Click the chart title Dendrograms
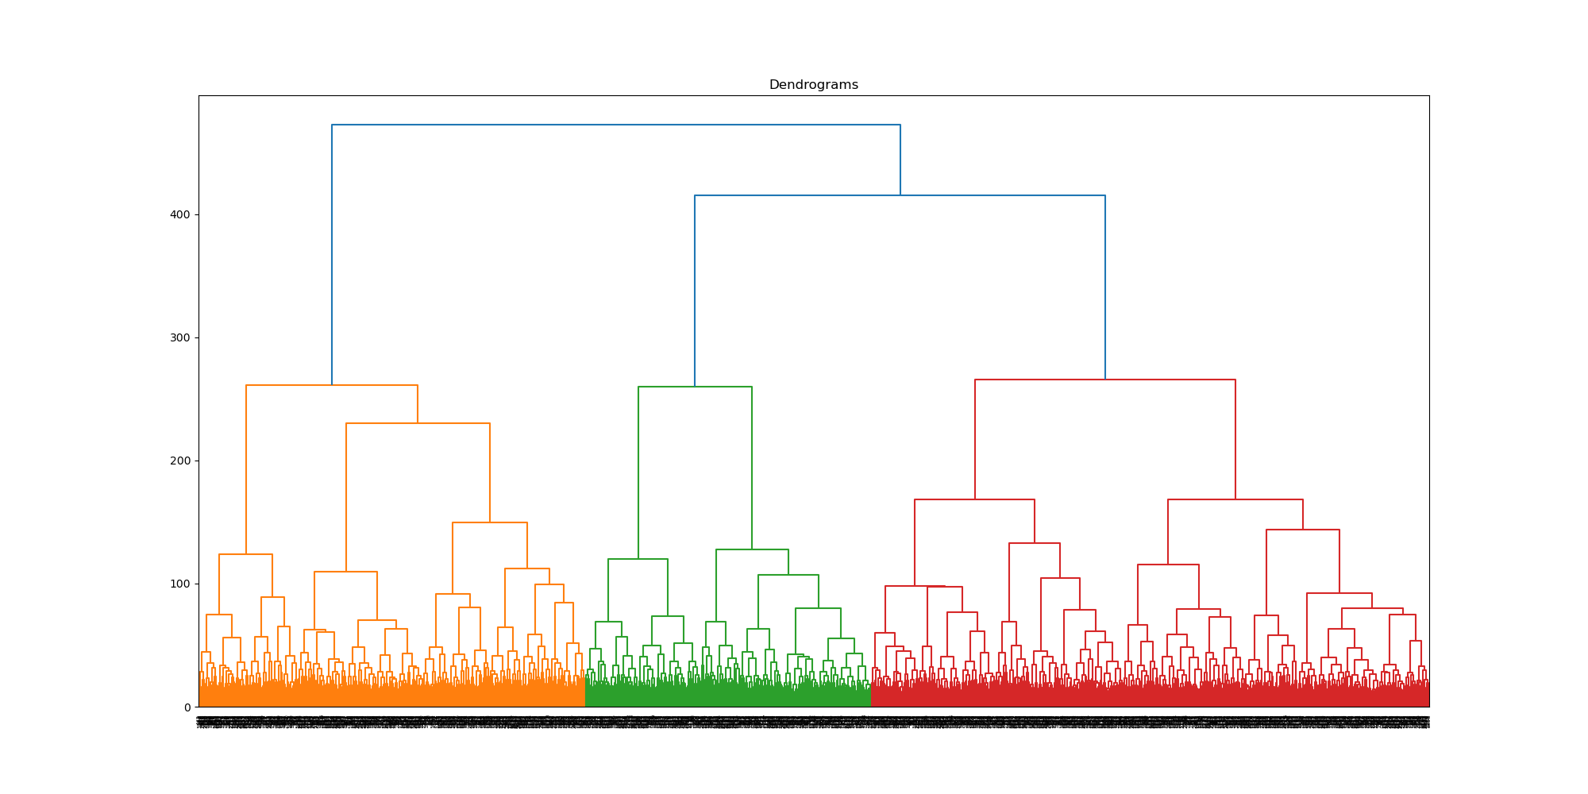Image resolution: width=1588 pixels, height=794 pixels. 813,85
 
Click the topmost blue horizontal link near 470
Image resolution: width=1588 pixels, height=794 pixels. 615,125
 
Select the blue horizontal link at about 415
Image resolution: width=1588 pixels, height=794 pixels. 900,195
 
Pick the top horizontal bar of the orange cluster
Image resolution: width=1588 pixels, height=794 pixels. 332,385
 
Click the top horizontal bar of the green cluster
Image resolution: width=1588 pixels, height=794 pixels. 695,387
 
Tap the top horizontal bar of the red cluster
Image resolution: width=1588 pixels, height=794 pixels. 1104,380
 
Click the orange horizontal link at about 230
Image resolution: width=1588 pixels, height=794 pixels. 418,423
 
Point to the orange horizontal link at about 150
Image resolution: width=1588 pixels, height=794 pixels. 490,522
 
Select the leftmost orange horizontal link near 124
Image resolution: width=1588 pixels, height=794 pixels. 245,554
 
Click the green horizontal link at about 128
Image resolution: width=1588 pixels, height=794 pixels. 752,549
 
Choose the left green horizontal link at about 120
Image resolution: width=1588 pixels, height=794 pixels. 638,559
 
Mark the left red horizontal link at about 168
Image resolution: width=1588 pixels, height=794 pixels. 974,499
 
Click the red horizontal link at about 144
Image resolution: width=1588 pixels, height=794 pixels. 1302,530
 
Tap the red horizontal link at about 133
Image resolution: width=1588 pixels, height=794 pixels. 1034,543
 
